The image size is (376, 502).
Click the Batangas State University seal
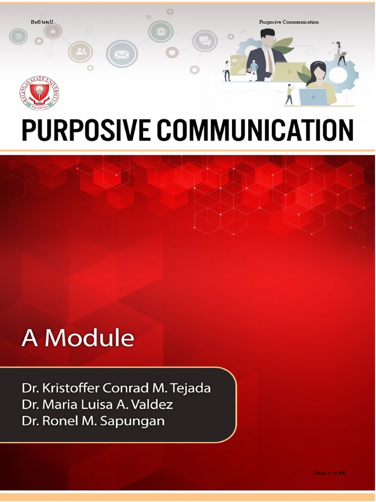39,94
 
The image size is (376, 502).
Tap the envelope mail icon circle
121,54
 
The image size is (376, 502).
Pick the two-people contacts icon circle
80,51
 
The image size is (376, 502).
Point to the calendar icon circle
18,36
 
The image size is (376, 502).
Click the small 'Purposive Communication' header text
289,22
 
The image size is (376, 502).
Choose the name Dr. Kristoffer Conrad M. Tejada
116,388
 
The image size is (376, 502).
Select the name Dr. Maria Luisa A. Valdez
97,404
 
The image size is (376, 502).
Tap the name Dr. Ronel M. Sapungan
93,421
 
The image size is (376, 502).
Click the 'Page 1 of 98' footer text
329,473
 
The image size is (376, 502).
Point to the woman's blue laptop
313,97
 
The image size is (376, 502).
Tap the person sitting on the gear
340,53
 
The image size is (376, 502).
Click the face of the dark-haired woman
319,74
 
